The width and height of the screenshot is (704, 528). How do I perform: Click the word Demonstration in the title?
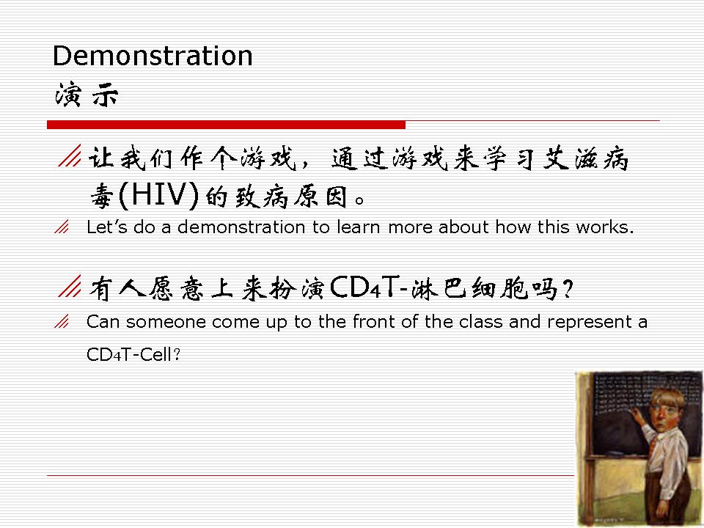(x=153, y=56)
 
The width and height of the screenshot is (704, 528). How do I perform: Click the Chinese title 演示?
(x=87, y=95)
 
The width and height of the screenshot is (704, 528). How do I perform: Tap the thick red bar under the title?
(x=226, y=125)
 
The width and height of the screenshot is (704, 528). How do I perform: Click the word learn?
(x=359, y=227)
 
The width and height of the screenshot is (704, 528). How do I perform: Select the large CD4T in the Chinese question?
(x=364, y=287)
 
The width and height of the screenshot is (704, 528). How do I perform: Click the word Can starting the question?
(x=103, y=322)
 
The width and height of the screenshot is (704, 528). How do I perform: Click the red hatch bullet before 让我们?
(x=70, y=155)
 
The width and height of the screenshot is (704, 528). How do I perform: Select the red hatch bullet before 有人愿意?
(x=70, y=285)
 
